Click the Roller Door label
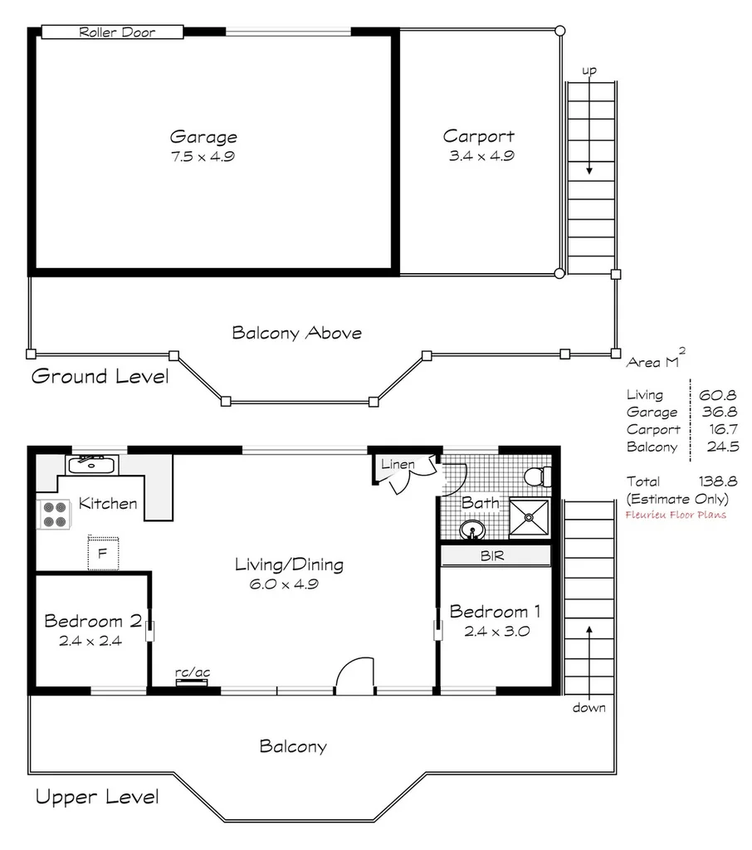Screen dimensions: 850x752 (x=112, y=32)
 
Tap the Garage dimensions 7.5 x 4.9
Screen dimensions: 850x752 (x=203, y=156)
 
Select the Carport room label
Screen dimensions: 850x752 (x=478, y=136)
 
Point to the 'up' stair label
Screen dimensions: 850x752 (x=588, y=71)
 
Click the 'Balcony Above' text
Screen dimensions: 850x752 (x=296, y=333)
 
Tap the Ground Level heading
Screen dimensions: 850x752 (x=100, y=376)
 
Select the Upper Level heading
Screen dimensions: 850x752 (x=96, y=798)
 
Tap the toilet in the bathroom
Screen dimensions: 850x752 (x=537, y=476)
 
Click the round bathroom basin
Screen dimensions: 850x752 (x=472, y=529)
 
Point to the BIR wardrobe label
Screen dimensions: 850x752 (x=492, y=555)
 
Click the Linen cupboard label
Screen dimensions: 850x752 (x=398, y=464)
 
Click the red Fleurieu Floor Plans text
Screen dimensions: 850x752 (x=676, y=515)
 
